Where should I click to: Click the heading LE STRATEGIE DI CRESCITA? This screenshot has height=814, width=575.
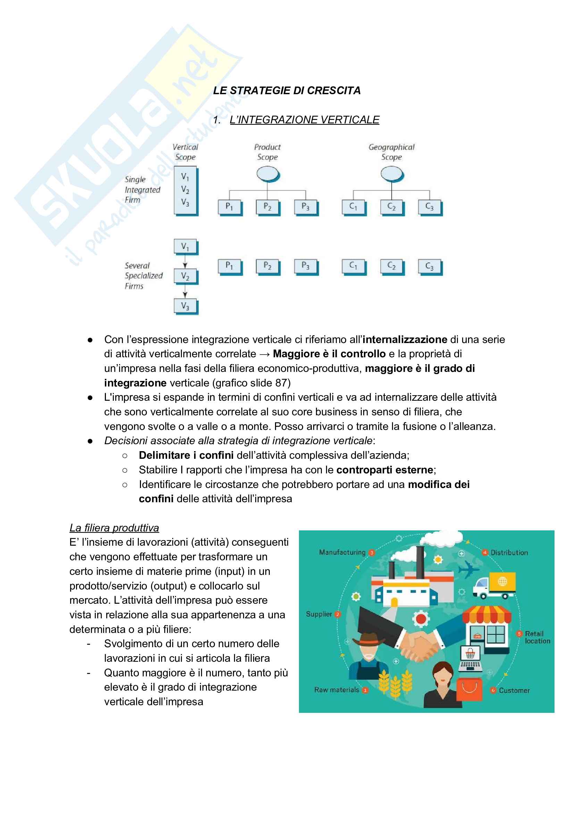click(x=286, y=90)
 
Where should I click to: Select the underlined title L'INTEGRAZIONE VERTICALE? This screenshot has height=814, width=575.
click(x=304, y=120)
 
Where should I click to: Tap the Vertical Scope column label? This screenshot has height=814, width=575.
click(x=185, y=152)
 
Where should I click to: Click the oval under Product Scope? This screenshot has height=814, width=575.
click(x=267, y=174)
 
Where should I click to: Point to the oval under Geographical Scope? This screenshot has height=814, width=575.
click(x=391, y=174)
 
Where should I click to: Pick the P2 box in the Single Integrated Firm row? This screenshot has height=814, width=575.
click(x=267, y=207)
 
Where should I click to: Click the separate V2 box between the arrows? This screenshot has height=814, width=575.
click(x=185, y=276)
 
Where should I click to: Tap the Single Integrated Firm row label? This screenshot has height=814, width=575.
click(x=142, y=190)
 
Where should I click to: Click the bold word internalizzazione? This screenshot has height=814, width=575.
click(x=405, y=340)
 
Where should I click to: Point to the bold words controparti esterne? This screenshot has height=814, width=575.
click(x=384, y=470)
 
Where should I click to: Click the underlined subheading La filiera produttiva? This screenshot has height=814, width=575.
click(x=114, y=528)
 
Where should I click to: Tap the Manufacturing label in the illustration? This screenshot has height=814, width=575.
click(x=342, y=552)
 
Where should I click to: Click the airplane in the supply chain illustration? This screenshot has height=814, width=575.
click(x=468, y=569)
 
